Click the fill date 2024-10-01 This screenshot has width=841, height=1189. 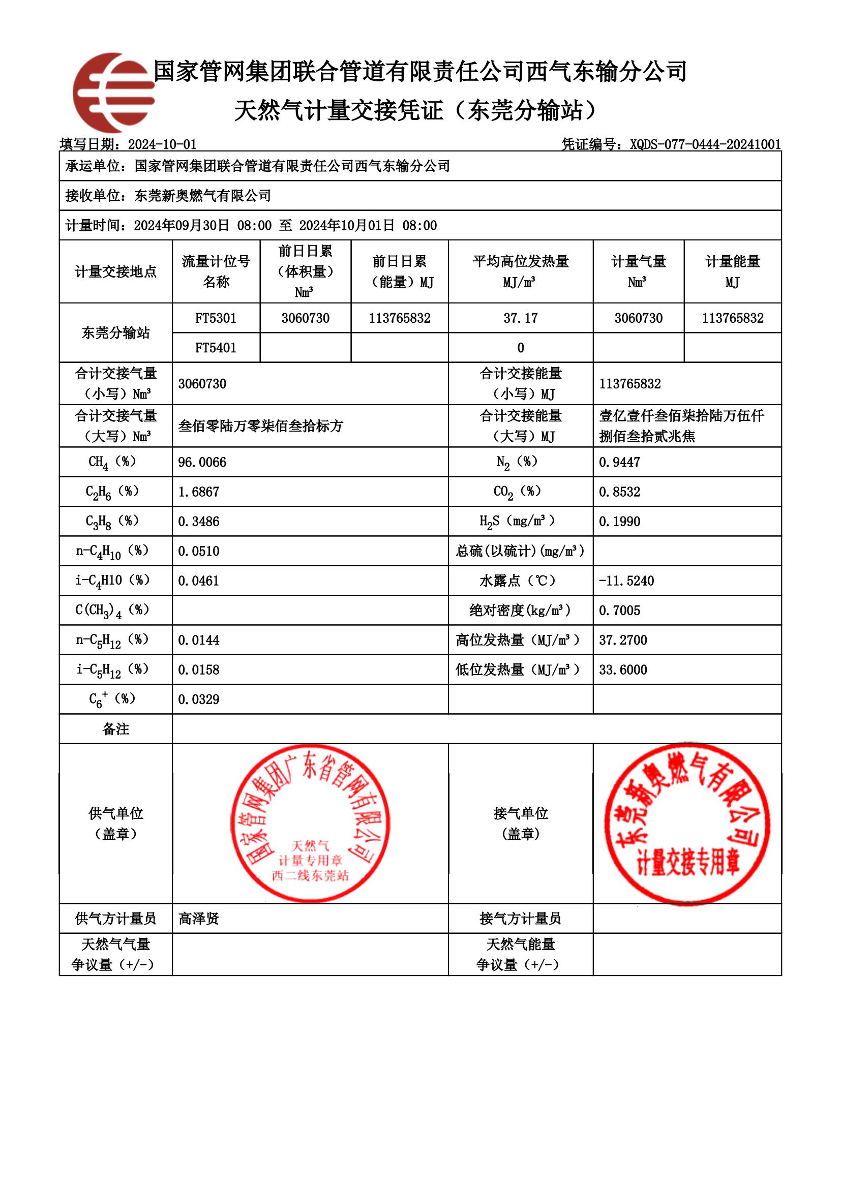pyautogui.click(x=162, y=144)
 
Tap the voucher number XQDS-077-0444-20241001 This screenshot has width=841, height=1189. pyautogui.click(x=705, y=144)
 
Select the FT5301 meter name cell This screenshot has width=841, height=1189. pyautogui.click(x=216, y=318)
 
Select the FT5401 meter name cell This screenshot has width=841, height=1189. pyautogui.click(x=216, y=348)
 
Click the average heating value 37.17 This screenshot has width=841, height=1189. pyautogui.click(x=521, y=318)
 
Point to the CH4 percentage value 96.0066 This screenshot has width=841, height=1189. pyautogui.click(x=202, y=462)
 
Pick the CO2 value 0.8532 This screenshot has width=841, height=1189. pyautogui.click(x=619, y=492)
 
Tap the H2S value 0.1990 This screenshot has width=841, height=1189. pyautogui.click(x=619, y=522)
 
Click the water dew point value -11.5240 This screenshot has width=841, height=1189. pyautogui.click(x=626, y=581)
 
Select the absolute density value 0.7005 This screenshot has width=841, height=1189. pyautogui.click(x=619, y=611)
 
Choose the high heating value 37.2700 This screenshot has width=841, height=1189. pyautogui.click(x=623, y=640)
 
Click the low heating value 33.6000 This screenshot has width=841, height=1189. pyautogui.click(x=623, y=669)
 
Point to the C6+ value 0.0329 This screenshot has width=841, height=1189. pyautogui.click(x=199, y=699)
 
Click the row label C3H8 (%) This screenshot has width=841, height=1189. pyautogui.click(x=112, y=522)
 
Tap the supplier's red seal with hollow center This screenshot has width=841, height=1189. pyautogui.click(x=310, y=824)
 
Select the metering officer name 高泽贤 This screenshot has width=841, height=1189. pyautogui.click(x=199, y=918)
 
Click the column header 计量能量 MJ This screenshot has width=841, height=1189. pyautogui.click(x=732, y=271)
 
